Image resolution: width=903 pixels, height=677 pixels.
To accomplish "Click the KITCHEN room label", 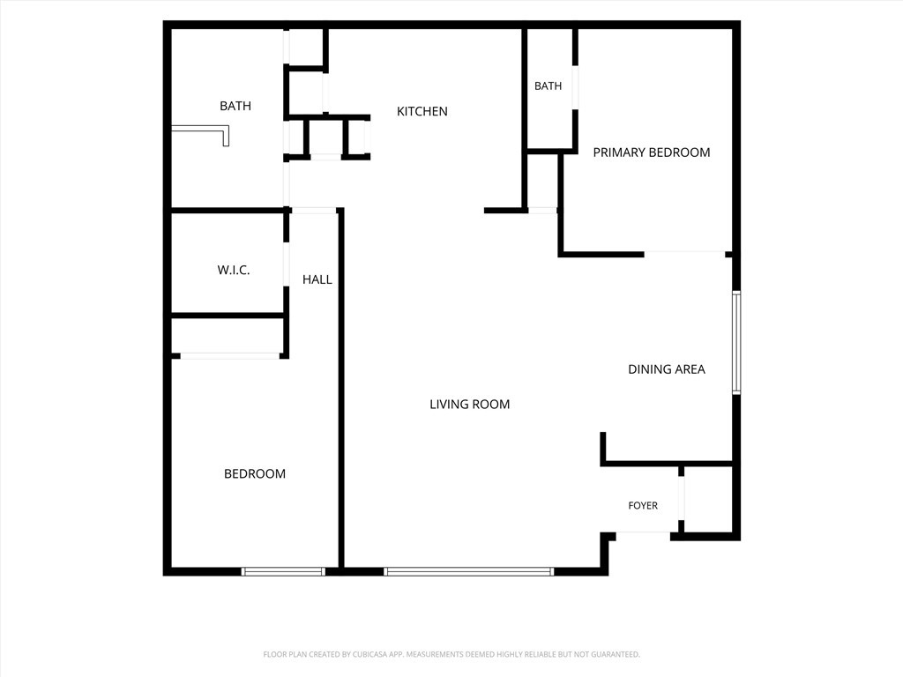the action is [422, 111].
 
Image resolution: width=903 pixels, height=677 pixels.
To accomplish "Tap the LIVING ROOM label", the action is [470, 404].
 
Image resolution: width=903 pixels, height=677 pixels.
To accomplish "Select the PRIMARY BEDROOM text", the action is [652, 153].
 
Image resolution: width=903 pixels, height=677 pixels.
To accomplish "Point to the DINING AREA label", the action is [667, 369].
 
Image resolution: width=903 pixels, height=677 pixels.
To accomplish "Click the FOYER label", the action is [643, 505].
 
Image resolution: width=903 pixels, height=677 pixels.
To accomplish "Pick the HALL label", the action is [317, 279].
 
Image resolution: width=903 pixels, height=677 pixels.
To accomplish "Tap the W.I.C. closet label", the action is [233, 270].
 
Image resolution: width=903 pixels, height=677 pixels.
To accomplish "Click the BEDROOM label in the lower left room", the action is [255, 473].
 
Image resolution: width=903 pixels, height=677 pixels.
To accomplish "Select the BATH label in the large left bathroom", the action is [235, 106].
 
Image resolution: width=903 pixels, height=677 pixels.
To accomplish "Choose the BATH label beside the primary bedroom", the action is [548, 86].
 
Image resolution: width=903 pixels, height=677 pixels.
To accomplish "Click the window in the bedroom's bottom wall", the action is [283, 571].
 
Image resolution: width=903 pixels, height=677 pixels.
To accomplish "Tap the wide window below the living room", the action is [469, 571].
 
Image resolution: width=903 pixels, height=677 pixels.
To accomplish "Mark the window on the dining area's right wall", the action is [736, 343].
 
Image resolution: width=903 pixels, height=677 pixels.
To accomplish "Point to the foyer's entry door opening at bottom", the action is [643, 536].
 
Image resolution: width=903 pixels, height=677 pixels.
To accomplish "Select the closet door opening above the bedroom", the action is [230, 356].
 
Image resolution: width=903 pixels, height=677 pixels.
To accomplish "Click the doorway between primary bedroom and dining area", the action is [684, 254].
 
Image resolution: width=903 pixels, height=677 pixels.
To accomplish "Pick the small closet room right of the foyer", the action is [708, 499].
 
